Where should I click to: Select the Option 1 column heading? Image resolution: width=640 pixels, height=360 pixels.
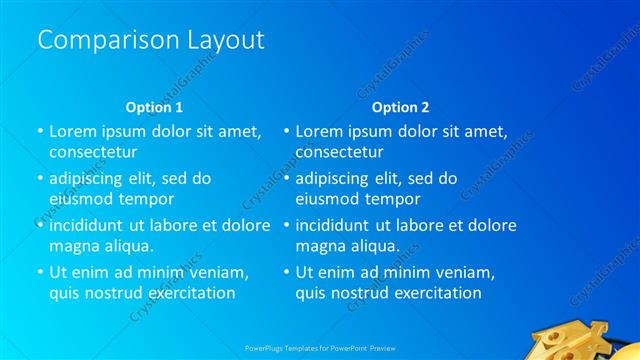pos(154,107)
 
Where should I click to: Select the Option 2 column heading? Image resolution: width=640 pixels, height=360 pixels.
pos(400,107)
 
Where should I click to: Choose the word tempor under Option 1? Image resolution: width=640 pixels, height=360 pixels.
pos(146,197)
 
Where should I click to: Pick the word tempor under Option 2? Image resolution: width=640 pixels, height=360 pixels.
pos(392,197)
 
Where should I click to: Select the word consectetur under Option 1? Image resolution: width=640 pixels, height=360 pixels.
pos(93,152)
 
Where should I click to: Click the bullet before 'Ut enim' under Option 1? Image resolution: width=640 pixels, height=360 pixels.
pos(40,272)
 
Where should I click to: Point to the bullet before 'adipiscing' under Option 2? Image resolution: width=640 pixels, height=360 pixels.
pos(286,179)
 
